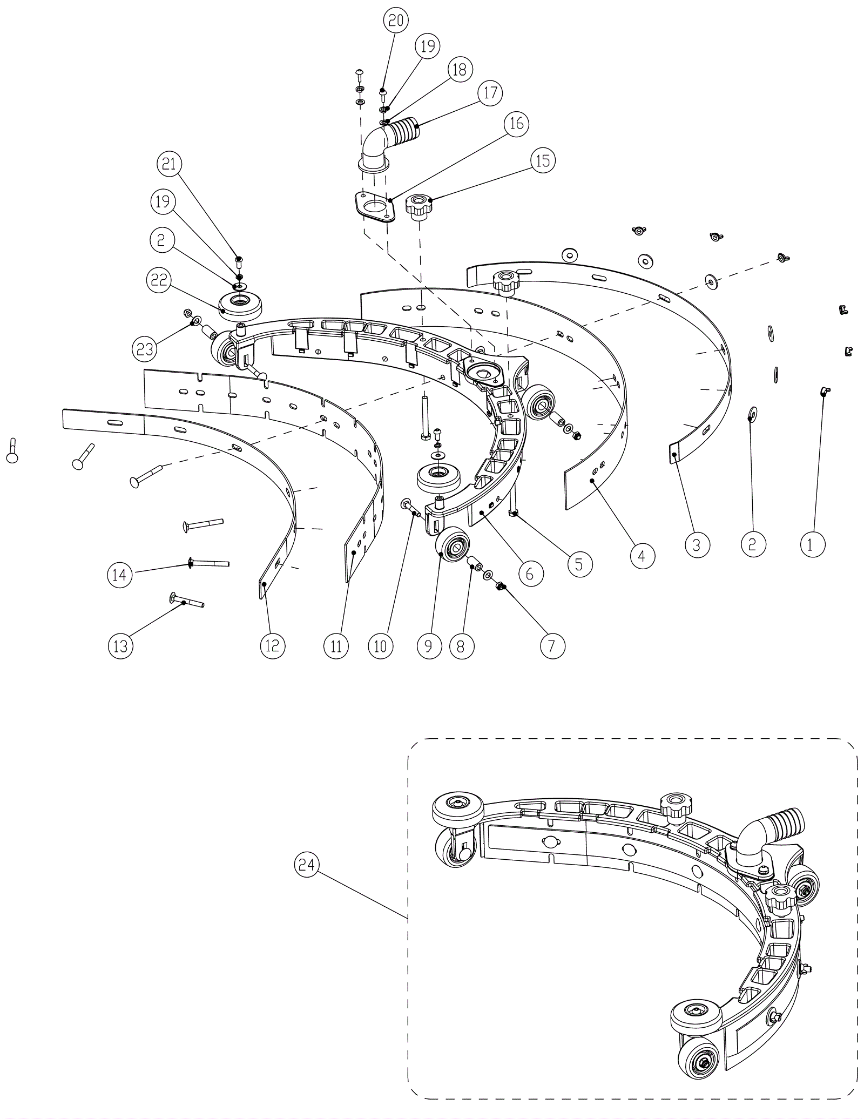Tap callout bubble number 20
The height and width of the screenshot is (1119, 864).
click(x=396, y=21)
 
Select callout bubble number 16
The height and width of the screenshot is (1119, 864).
click(x=517, y=124)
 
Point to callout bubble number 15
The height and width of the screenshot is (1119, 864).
click(x=543, y=160)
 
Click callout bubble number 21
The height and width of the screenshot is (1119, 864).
click(x=170, y=164)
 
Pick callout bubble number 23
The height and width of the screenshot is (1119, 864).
click(x=145, y=349)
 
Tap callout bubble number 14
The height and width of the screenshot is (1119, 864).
click(x=119, y=575)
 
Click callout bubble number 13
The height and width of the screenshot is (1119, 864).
click(x=120, y=645)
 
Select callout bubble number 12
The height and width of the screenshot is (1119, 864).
click(x=272, y=645)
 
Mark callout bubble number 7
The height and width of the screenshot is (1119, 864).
click(x=551, y=646)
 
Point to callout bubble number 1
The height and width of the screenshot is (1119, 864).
click(x=813, y=545)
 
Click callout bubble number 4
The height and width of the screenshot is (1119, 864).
click(x=642, y=555)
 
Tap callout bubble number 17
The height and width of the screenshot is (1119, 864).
click(x=490, y=93)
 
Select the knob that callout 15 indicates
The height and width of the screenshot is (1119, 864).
click(x=418, y=206)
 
